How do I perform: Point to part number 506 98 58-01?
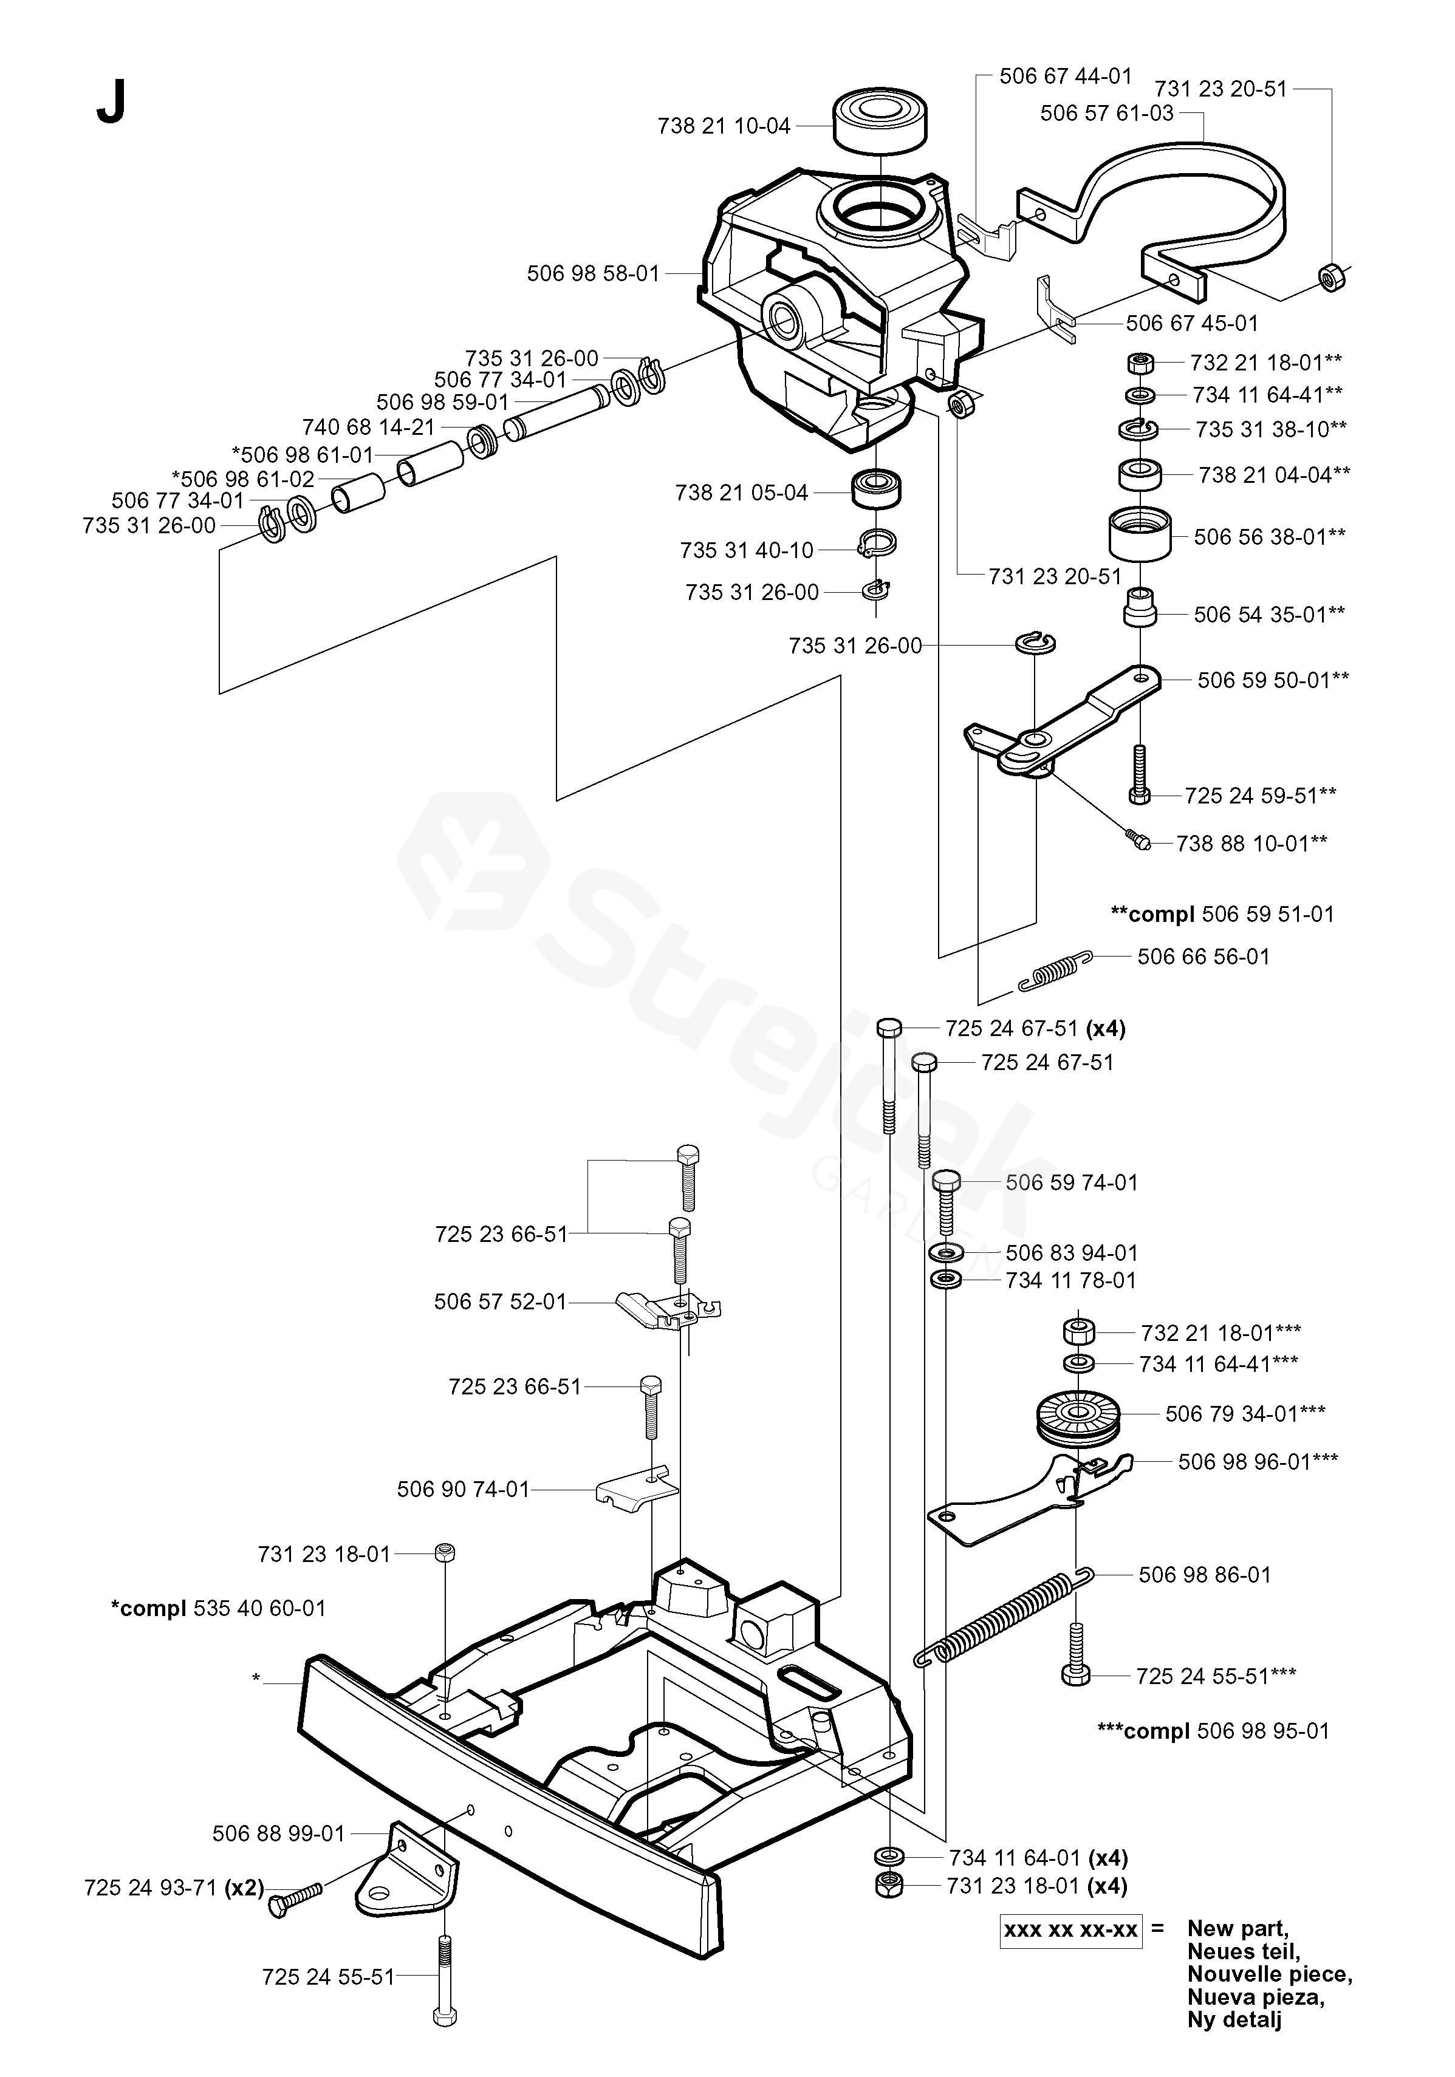(x=594, y=273)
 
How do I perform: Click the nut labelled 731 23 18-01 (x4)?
(x=889, y=1886)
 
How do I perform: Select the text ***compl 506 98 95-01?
(x=1213, y=1731)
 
